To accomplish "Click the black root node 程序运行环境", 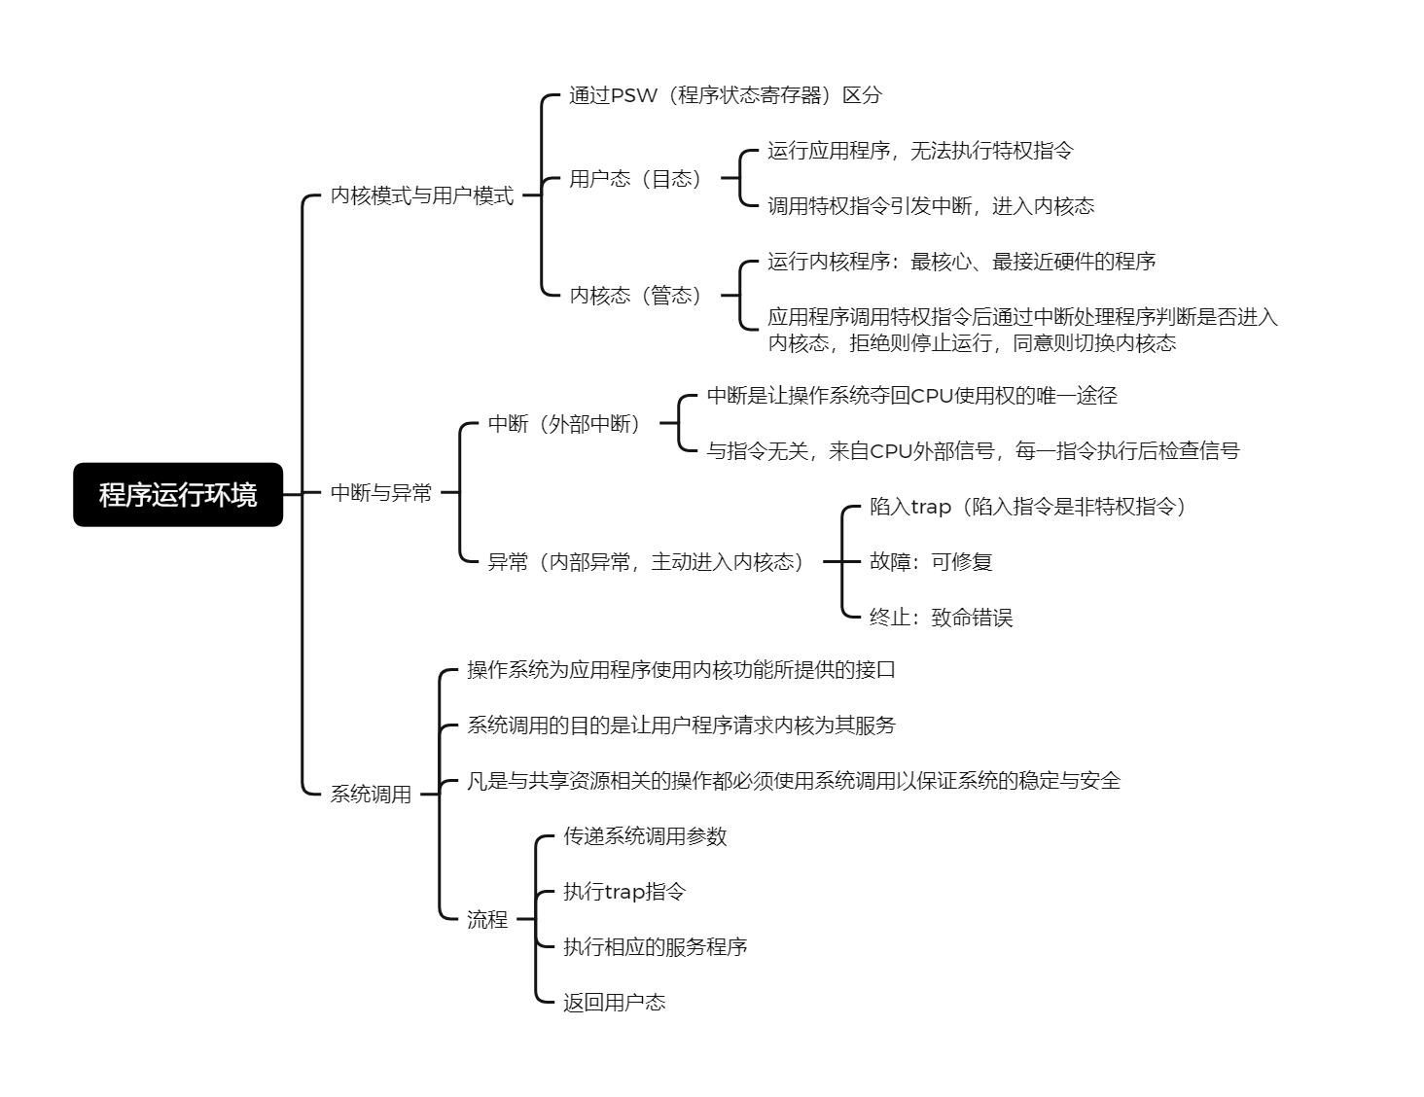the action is click(178, 494).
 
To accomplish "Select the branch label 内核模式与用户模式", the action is click(422, 195).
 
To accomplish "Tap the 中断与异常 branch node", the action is click(380, 492).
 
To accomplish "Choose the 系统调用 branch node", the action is click(371, 795).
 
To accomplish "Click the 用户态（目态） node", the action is click(635, 178).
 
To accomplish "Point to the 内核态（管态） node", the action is click(635, 296).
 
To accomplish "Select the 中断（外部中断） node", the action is click(564, 424).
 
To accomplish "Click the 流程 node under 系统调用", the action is click(487, 919).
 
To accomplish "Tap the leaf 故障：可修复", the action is click(931, 562).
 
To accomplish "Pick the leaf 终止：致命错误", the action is click(941, 617).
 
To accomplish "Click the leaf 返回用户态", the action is click(614, 1003).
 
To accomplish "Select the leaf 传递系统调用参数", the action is click(645, 836).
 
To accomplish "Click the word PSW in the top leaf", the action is click(633, 95).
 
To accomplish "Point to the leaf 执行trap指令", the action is click(624, 892).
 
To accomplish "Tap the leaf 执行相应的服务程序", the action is click(656, 947).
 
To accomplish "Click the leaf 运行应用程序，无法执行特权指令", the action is click(921, 151).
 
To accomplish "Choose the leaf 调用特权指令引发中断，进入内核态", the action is click(931, 206).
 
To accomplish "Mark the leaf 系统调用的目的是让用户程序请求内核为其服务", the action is click(681, 725).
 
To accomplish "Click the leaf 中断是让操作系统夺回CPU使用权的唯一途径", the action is click(912, 396).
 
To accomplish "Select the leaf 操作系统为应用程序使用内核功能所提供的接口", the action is click(681, 670).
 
